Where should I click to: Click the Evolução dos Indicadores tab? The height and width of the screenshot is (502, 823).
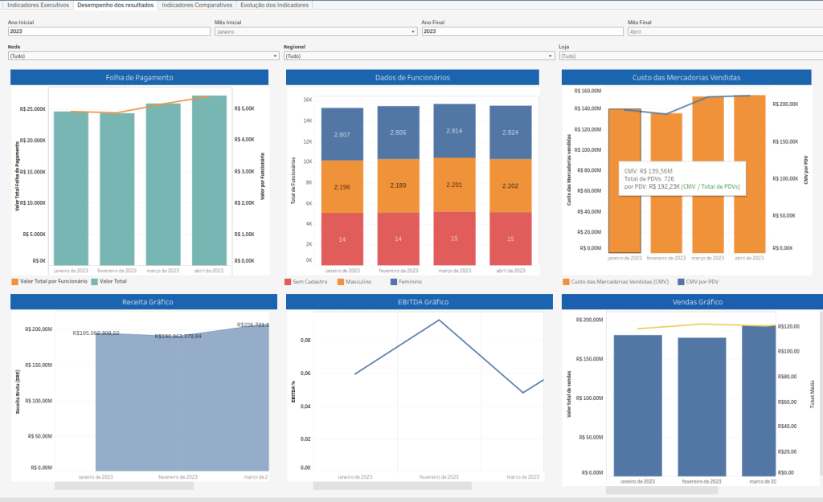pos(274,5)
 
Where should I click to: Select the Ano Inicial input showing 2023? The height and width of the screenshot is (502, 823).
pos(109,31)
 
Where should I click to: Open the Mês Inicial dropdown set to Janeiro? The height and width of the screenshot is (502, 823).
pos(315,31)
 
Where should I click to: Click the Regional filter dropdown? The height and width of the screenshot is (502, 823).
pos(419,56)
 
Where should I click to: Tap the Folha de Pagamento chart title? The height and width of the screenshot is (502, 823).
pos(139,78)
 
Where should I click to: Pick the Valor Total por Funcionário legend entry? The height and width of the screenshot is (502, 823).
pos(49,282)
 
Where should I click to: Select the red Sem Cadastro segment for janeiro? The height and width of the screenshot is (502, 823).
pos(342,239)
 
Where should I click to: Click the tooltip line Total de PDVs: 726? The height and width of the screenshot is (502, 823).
pos(649,178)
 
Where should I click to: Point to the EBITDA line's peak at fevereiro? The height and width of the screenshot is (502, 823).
pos(439,320)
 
